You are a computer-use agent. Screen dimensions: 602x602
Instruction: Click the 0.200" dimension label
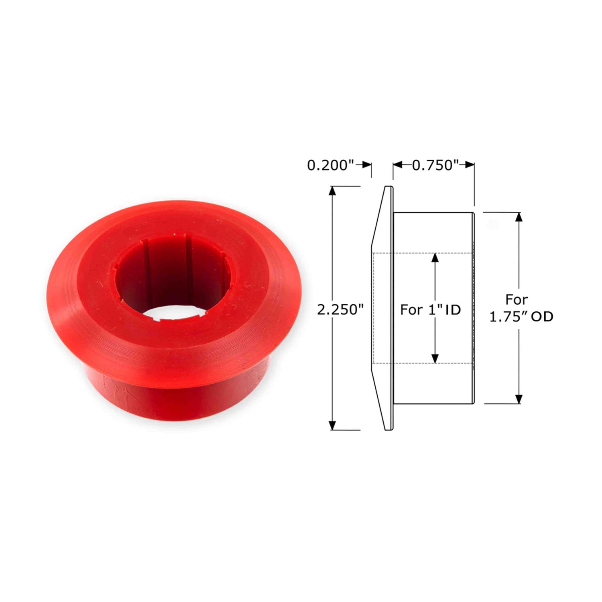pyautogui.click(x=331, y=165)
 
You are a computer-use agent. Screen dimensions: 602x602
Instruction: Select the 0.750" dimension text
pyautogui.click(x=435, y=165)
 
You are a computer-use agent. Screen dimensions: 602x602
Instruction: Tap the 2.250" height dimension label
pyautogui.click(x=340, y=309)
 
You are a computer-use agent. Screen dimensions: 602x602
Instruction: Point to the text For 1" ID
pyautogui.click(x=430, y=309)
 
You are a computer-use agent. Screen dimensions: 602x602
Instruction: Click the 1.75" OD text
pyautogui.click(x=521, y=317)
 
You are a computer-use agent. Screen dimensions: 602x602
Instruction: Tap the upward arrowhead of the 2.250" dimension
pyautogui.click(x=332, y=191)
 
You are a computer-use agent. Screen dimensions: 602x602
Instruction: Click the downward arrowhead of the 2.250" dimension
pyautogui.click(x=332, y=425)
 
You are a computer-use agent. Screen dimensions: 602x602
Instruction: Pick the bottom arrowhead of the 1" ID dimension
pyautogui.click(x=435, y=359)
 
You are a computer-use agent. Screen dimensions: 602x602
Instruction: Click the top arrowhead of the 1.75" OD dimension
pyautogui.click(x=519, y=217)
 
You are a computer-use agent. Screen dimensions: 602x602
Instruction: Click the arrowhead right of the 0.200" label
pyautogui.click(x=367, y=165)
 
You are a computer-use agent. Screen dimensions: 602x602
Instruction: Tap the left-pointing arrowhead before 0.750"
pyautogui.click(x=397, y=165)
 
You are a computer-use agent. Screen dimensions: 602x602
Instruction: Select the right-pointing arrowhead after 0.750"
pyautogui.click(x=470, y=165)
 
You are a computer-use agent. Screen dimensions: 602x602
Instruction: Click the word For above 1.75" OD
pyautogui.click(x=517, y=299)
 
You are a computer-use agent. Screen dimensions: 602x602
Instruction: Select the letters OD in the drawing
pyautogui.click(x=542, y=317)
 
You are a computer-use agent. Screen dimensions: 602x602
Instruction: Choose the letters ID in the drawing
pyautogui.click(x=453, y=309)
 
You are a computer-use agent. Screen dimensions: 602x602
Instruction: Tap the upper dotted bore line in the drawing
pyautogui.click(x=421, y=253)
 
